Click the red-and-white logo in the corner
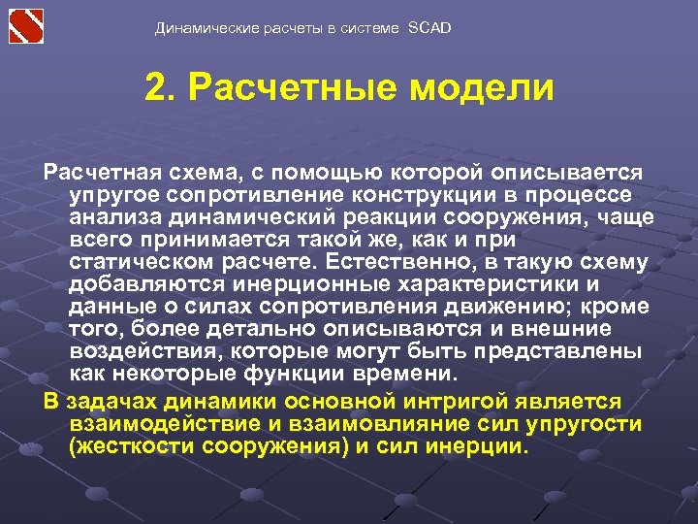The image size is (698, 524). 26,25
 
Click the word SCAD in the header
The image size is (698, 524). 429,28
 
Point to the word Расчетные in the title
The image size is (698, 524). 295,88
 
